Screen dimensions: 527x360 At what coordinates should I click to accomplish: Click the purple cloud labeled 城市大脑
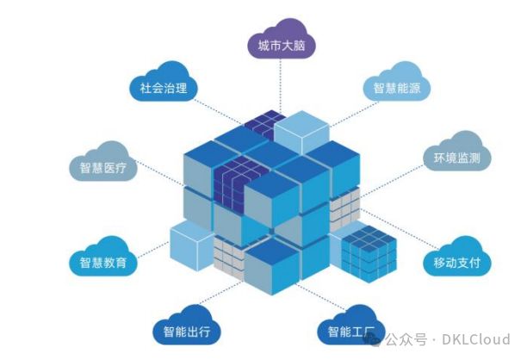[x=281, y=43]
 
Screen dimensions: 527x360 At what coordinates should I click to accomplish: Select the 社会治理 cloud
[x=164, y=86]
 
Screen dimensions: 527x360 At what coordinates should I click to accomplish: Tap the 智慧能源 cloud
[x=395, y=87]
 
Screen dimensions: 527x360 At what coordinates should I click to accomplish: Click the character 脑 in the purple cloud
[x=302, y=43]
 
